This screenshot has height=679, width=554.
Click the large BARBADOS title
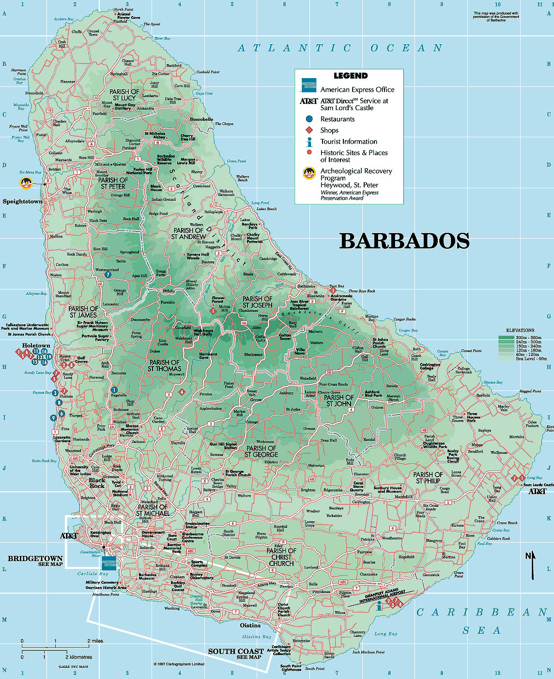(404, 241)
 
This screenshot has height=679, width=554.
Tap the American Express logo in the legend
(308, 85)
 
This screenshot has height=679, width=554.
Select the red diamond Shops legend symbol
(309, 130)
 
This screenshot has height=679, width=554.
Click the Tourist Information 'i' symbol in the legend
(309, 142)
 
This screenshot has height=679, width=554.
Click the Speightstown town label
(23, 201)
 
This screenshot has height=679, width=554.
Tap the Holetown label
(36, 345)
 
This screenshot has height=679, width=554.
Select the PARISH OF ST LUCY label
(124, 95)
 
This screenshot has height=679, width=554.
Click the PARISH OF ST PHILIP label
(428, 478)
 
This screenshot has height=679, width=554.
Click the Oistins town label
(250, 625)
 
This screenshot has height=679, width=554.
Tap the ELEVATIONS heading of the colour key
(520, 330)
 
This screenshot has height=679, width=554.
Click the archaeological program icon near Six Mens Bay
(26, 183)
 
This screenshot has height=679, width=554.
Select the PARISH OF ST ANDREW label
(189, 233)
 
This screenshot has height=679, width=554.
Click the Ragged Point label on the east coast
(530, 391)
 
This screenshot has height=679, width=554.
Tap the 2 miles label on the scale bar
(95, 641)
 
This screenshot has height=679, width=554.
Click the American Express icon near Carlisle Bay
(109, 563)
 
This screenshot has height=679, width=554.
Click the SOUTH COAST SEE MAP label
(236, 653)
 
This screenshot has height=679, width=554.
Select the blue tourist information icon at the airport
(379, 605)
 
